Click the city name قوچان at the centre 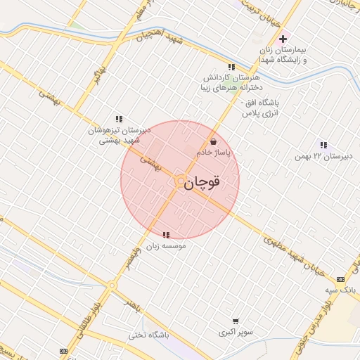[205, 182]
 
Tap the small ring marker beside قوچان [180, 181]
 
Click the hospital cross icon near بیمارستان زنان [283, 39]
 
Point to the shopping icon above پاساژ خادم [213, 141]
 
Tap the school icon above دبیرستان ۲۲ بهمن [323, 145]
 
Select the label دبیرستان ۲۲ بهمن [323, 155]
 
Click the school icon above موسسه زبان [166, 236]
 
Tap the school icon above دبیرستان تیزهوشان [119, 119]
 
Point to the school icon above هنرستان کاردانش [231, 67]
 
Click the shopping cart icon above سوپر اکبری [234, 320]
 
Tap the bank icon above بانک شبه [340, 279]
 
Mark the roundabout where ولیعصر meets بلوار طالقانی [111, 285]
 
